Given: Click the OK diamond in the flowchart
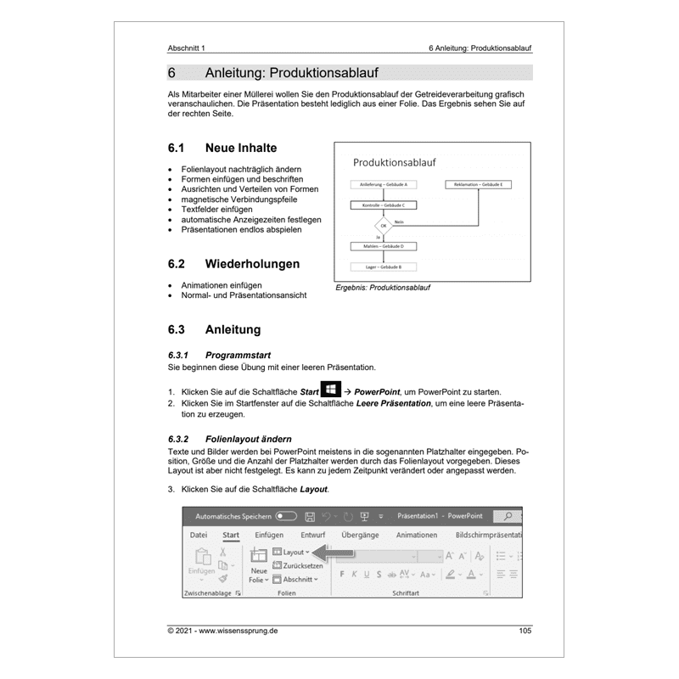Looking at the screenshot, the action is tap(383, 227).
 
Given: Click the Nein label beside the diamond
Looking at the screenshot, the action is tap(399, 222).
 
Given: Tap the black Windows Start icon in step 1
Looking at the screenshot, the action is tap(330, 390).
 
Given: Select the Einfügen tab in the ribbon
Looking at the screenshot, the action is tap(269, 535).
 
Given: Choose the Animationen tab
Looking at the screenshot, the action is tap(416, 535).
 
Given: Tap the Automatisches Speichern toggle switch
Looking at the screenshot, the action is tap(286, 515).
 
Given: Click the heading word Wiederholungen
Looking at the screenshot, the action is tap(252, 264).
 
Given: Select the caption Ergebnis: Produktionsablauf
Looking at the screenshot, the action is tap(383, 288).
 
